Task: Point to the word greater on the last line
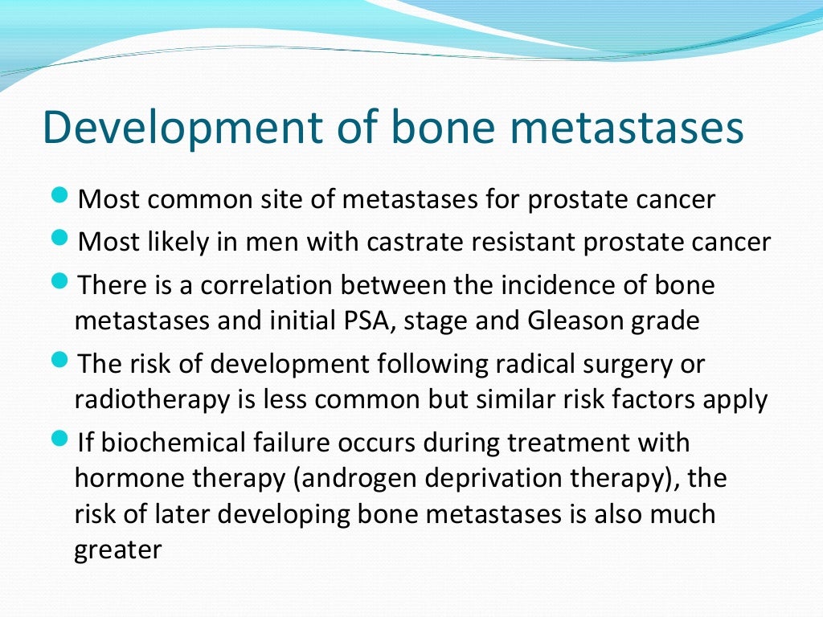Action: (118, 551)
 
